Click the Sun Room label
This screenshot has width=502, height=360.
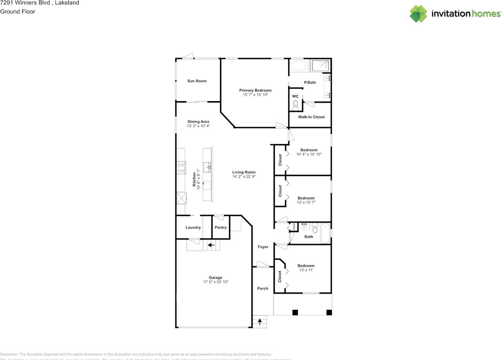click(x=197, y=81)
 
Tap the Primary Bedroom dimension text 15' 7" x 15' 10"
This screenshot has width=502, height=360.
click(x=255, y=95)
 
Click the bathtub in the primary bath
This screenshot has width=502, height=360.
click(x=300, y=66)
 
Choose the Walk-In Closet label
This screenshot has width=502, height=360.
click(x=311, y=117)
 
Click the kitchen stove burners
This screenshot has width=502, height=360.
click(x=181, y=168)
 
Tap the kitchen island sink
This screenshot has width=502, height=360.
click(x=207, y=167)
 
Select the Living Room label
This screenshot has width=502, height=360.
click(x=244, y=172)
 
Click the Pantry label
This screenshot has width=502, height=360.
click(x=221, y=227)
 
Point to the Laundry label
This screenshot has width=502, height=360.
click(x=193, y=227)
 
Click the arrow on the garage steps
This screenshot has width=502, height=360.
click(x=211, y=245)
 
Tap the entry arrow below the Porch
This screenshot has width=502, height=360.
click(x=259, y=322)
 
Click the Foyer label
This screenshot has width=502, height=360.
click(x=263, y=247)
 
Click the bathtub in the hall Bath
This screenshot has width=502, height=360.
click(x=326, y=233)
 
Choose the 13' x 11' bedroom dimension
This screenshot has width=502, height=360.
click(x=306, y=270)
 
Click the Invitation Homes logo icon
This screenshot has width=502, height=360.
click(x=418, y=14)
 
